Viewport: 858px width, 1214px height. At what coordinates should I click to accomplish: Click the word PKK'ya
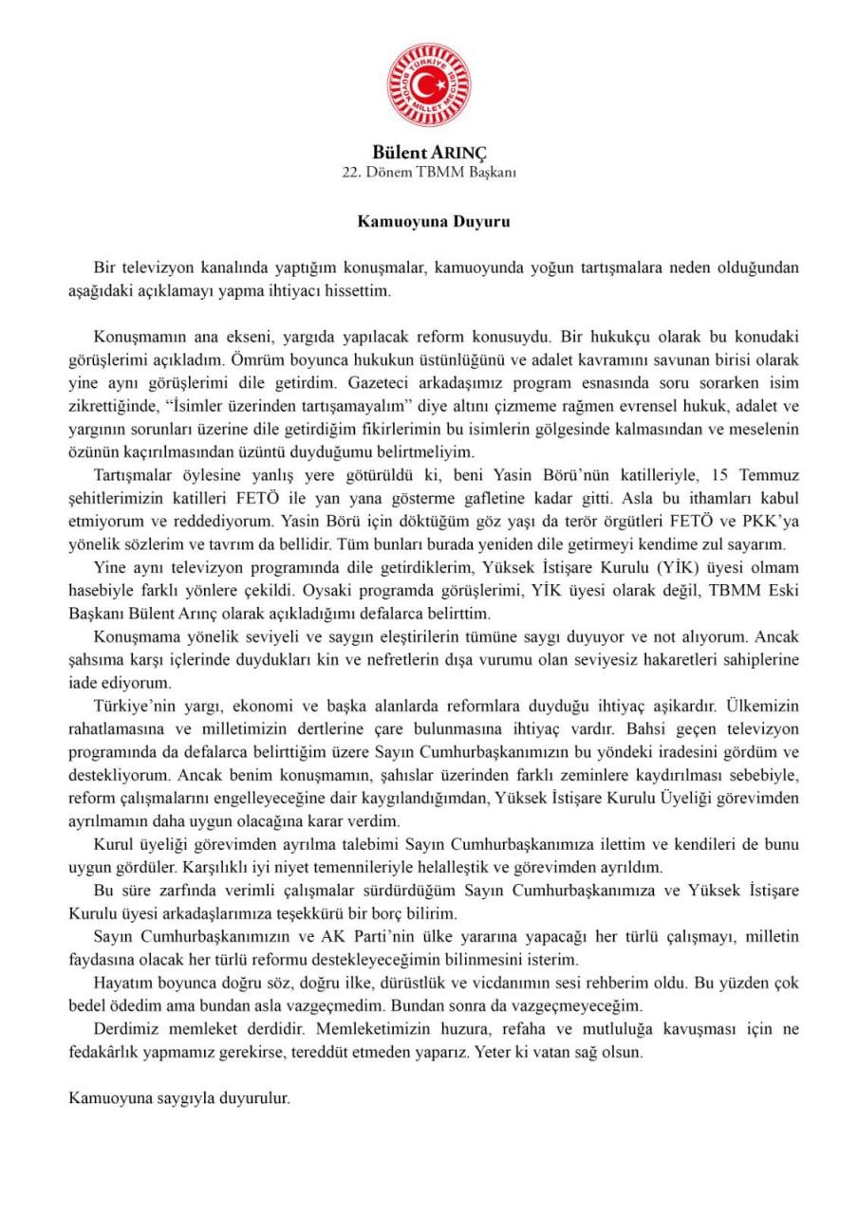pyautogui.click(x=769, y=520)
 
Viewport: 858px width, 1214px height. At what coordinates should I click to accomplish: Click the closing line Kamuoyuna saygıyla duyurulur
pyautogui.click(x=179, y=1097)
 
